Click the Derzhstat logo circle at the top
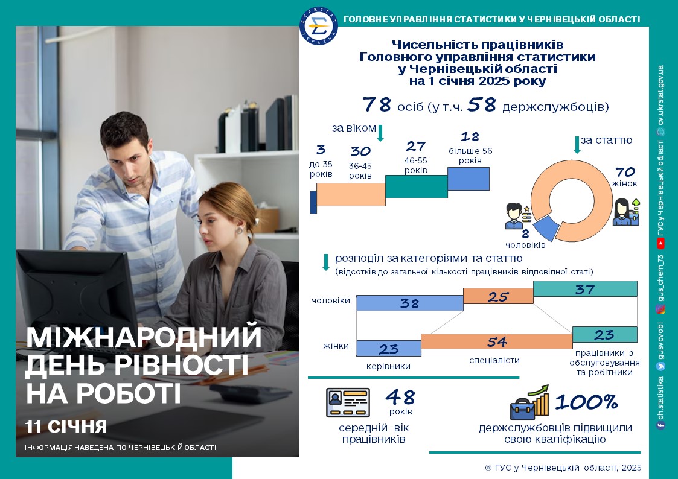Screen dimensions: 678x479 [x=319, y=26]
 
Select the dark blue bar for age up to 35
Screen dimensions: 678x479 [x=313, y=201]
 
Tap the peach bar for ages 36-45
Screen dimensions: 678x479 [x=351, y=194]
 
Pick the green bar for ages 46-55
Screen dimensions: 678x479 [x=417, y=186]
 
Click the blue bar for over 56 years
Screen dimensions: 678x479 [x=469, y=179]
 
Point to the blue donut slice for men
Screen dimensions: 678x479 [x=545, y=229]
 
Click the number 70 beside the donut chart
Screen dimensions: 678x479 [x=625, y=172]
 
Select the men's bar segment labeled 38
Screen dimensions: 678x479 [x=409, y=303]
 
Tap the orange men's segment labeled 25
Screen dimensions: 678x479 [x=498, y=296]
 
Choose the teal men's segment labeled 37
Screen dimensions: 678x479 [x=585, y=288]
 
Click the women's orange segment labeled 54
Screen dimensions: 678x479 [x=496, y=341]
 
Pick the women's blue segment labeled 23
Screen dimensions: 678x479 [x=388, y=349]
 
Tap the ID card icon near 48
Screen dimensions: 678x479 [x=348, y=402]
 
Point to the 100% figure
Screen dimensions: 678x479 [x=586, y=402]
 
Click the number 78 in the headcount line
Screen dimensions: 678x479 [x=377, y=104]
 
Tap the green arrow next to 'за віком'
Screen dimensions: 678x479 [x=380, y=133]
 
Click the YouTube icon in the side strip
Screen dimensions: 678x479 [x=660, y=244]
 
